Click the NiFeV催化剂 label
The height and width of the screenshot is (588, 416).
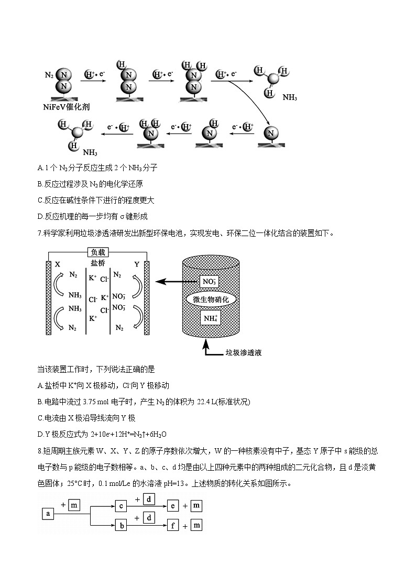[x=67, y=107]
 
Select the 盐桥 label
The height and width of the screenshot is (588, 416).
[x=98, y=264]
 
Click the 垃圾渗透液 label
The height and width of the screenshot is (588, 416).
[x=243, y=353]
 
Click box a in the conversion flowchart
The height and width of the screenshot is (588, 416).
[x=48, y=514]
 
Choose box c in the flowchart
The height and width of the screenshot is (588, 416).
[x=121, y=506]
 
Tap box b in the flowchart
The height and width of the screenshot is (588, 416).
[x=121, y=525]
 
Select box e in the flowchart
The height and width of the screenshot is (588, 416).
[x=173, y=506]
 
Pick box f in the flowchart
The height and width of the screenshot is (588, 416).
[x=173, y=525]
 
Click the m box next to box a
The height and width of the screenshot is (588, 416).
[x=74, y=505]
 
